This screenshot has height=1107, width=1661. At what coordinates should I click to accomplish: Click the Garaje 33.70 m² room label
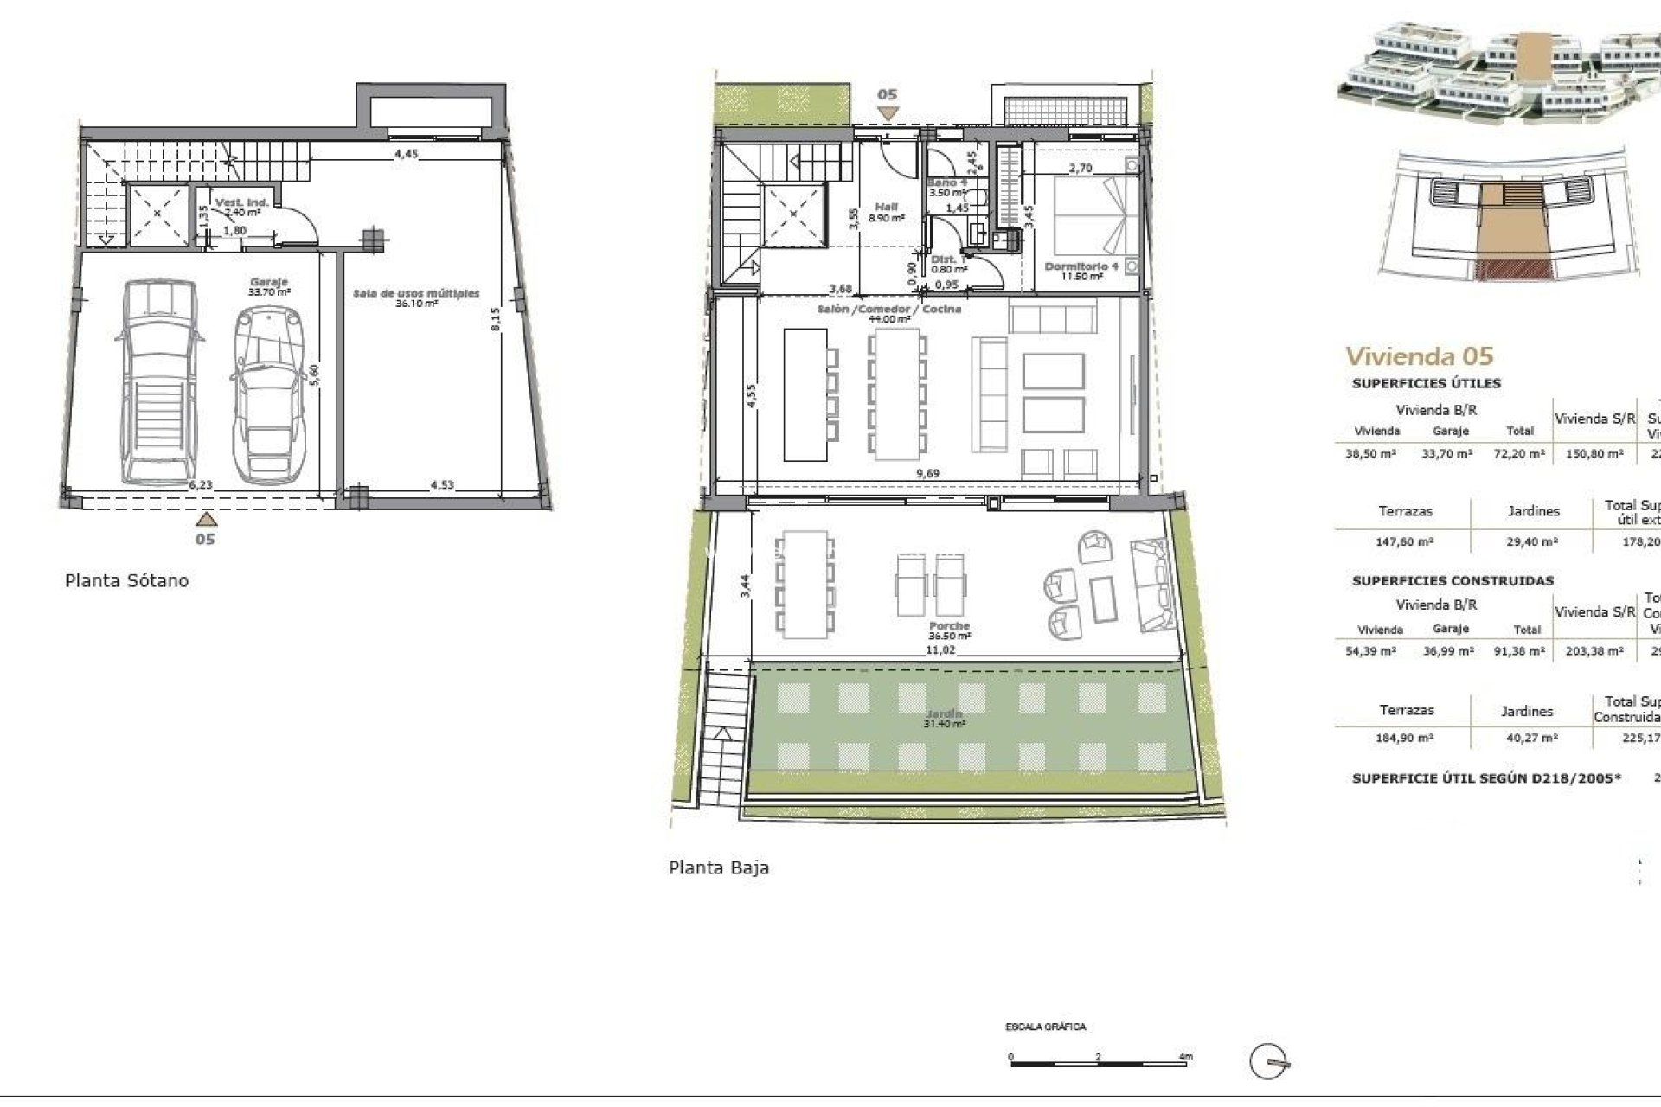tap(268, 287)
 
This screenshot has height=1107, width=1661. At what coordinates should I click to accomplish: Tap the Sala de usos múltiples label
tap(415, 298)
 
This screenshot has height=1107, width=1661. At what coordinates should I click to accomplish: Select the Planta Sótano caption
tap(126, 580)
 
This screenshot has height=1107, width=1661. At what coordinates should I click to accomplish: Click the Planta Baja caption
tap(718, 867)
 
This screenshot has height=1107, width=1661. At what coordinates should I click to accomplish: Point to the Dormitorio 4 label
tap(1081, 271)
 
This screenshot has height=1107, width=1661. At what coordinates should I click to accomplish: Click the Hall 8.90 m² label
tap(887, 213)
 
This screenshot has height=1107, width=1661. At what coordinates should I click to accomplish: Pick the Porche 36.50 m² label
tap(949, 630)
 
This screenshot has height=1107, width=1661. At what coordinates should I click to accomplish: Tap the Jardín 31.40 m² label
tap(944, 719)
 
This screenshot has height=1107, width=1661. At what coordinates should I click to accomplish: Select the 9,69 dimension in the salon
tap(927, 473)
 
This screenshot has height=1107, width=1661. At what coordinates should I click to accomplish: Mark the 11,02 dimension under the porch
tap(940, 649)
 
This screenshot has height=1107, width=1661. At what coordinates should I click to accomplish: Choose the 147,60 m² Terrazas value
tap(1404, 541)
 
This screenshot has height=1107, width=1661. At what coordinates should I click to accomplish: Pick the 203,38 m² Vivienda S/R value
tap(1594, 651)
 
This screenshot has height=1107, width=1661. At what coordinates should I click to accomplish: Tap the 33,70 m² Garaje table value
tap(1446, 453)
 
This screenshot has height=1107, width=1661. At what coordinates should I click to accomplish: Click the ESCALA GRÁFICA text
tap(1045, 1027)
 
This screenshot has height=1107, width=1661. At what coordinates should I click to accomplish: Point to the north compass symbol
tap(1270, 1061)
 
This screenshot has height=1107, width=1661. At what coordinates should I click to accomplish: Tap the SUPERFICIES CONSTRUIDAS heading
tap(1453, 581)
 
